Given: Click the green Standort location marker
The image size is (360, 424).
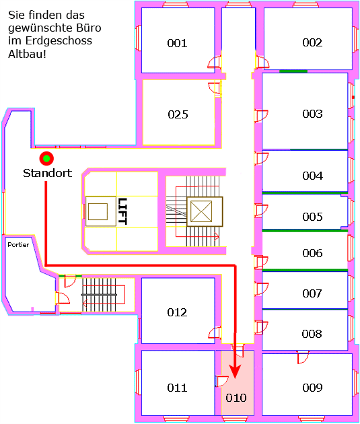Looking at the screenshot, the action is (x=46, y=158).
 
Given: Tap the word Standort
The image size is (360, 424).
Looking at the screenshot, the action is (x=48, y=173).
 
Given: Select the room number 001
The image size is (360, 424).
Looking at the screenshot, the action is (x=177, y=43).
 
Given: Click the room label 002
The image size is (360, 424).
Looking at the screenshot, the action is (x=312, y=42).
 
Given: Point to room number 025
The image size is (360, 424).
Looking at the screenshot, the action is (x=178, y=114).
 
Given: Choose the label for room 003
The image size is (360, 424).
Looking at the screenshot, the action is (x=312, y=114).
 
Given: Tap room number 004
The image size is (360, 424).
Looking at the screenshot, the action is (x=312, y=176).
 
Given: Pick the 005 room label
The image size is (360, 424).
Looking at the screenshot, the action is (x=312, y=217).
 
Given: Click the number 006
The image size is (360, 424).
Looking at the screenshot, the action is (x=312, y=253).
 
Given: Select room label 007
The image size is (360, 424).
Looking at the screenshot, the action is (x=312, y=293).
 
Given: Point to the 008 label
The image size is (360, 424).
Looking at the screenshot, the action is (x=312, y=334).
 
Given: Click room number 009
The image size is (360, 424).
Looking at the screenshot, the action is (x=312, y=388).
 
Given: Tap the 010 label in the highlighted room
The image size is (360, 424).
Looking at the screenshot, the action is (x=236, y=398).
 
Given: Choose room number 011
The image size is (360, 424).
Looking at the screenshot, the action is (x=177, y=388).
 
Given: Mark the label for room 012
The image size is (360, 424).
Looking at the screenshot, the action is (x=177, y=312).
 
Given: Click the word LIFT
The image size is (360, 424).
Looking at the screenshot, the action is (x=122, y=211).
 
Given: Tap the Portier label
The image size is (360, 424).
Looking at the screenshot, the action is (x=18, y=245).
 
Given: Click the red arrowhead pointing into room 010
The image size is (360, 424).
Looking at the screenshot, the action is (x=235, y=371).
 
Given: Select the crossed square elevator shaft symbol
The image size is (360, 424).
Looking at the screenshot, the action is (x=205, y=211).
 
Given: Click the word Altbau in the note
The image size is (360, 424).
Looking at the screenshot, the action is (x=27, y=54).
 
